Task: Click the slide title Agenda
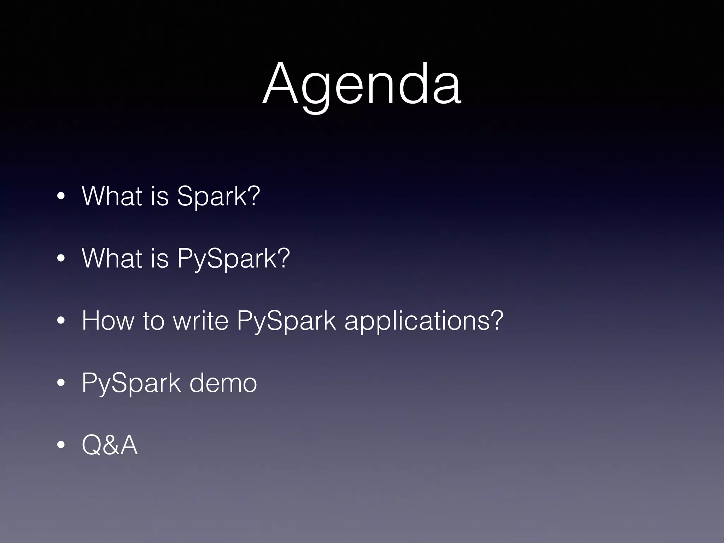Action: coord(362,85)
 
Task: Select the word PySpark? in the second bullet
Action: coord(233,258)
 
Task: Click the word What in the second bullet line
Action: coord(112,258)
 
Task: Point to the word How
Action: coord(108,321)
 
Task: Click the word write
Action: coord(200,321)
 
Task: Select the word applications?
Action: coord(424,321)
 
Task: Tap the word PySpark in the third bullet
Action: coord(286,321)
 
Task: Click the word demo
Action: coord(223,383)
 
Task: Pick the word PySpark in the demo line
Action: coord(131,383)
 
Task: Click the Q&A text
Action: coord(109,445)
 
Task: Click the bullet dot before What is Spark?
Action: coord(61,197)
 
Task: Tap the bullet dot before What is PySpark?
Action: coord(61,259)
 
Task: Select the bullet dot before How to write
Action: coord(61,321)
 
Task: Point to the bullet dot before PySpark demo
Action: coord(61,384)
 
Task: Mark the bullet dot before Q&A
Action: coord(61,446)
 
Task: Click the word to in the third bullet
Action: coord(153,321)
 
